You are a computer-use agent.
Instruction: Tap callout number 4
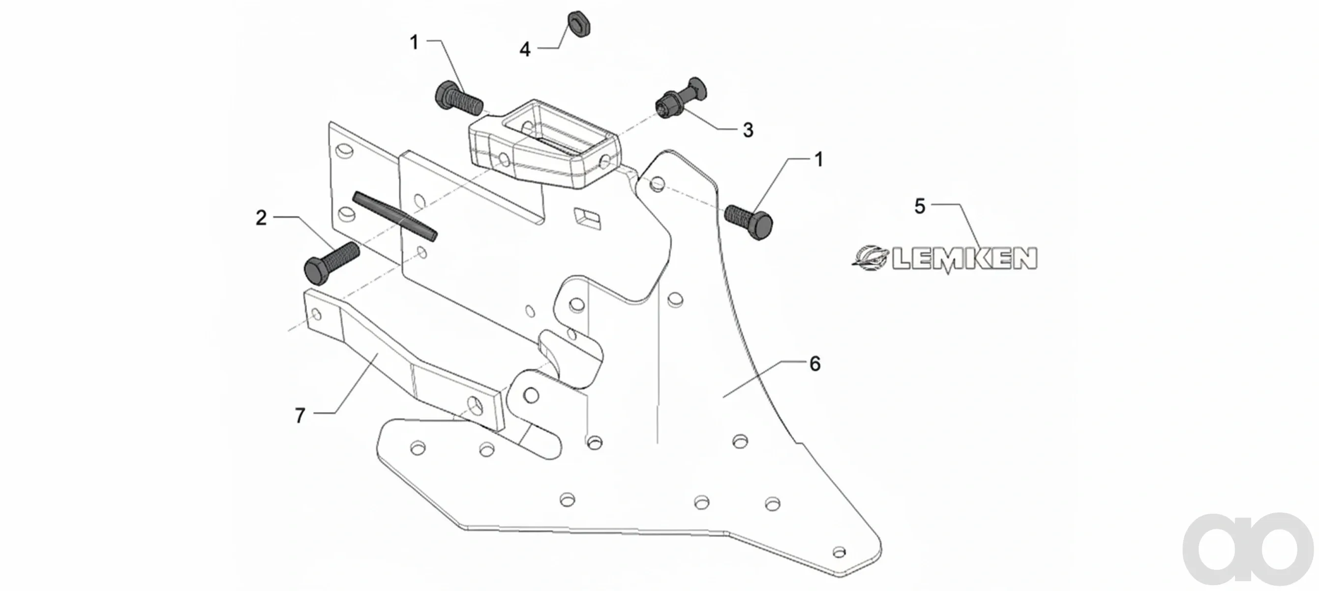point(525,50)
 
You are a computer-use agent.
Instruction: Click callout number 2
point(261,218)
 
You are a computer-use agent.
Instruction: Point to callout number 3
point(748,130)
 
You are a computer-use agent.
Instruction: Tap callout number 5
point(920,206)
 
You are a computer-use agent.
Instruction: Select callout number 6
point(814,363)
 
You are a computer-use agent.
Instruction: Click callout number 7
point(300,415)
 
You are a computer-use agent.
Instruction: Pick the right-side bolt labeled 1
point(749,222)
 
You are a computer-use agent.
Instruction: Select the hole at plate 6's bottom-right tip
point(839,552)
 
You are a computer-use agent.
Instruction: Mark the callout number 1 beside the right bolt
point(819,160)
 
